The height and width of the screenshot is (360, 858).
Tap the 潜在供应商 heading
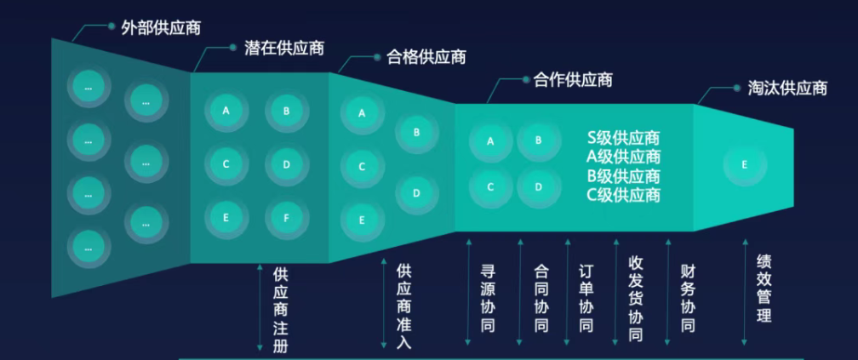278,48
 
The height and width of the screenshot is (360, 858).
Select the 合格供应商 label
426,58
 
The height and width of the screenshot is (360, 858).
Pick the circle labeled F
286,217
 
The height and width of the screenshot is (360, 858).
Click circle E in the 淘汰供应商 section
745,165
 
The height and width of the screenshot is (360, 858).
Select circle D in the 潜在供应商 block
286,164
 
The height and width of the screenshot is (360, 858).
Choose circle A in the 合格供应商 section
362,112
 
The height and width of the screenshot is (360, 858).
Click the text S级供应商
624,138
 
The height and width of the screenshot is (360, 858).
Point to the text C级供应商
624,195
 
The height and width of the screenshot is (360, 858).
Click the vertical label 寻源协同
489,299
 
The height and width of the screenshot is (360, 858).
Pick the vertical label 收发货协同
635,298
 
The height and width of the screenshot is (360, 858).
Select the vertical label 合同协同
541,299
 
